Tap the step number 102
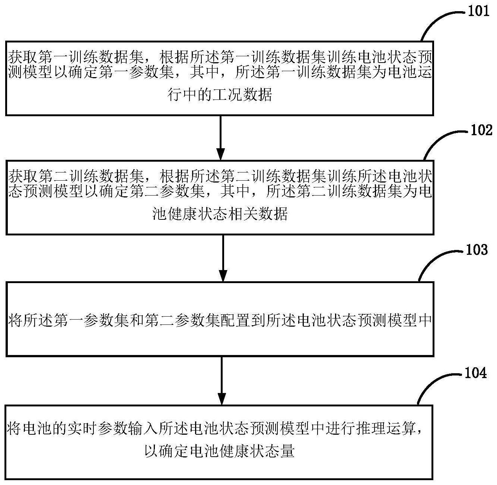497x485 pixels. coord(481,130)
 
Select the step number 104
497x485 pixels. coord(475,373)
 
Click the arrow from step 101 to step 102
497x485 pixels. coord(221,137)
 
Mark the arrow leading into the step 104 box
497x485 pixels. coord(222,380)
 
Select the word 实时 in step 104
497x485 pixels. coord(84,428)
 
